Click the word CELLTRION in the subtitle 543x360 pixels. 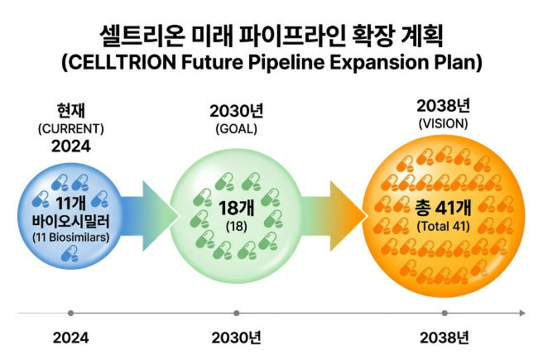pos(123,63)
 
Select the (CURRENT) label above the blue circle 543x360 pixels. pos(71,129)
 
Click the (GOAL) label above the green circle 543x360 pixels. pos(237,129)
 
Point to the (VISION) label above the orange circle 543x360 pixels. pos(444,123)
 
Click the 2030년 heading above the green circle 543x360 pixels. pos(237,111)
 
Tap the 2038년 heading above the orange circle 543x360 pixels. pos(444,106)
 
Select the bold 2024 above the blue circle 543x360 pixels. pos(71,146)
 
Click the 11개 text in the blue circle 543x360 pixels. pos(70,204)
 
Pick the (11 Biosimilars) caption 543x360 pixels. pos(71,238)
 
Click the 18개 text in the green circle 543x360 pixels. pos(237,208)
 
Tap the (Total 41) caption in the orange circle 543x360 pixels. pos(444,227)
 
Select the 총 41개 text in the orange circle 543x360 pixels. pos(444,208)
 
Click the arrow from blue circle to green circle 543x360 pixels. pos(149,216)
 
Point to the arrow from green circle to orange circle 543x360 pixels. pos(334,216)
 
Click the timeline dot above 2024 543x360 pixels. pos(71,314)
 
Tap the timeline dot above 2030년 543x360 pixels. pos(237,314)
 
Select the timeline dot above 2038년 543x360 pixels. pos(444,314)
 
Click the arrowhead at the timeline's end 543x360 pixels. pos(522,314)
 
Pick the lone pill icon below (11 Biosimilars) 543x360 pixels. pos(70,253)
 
